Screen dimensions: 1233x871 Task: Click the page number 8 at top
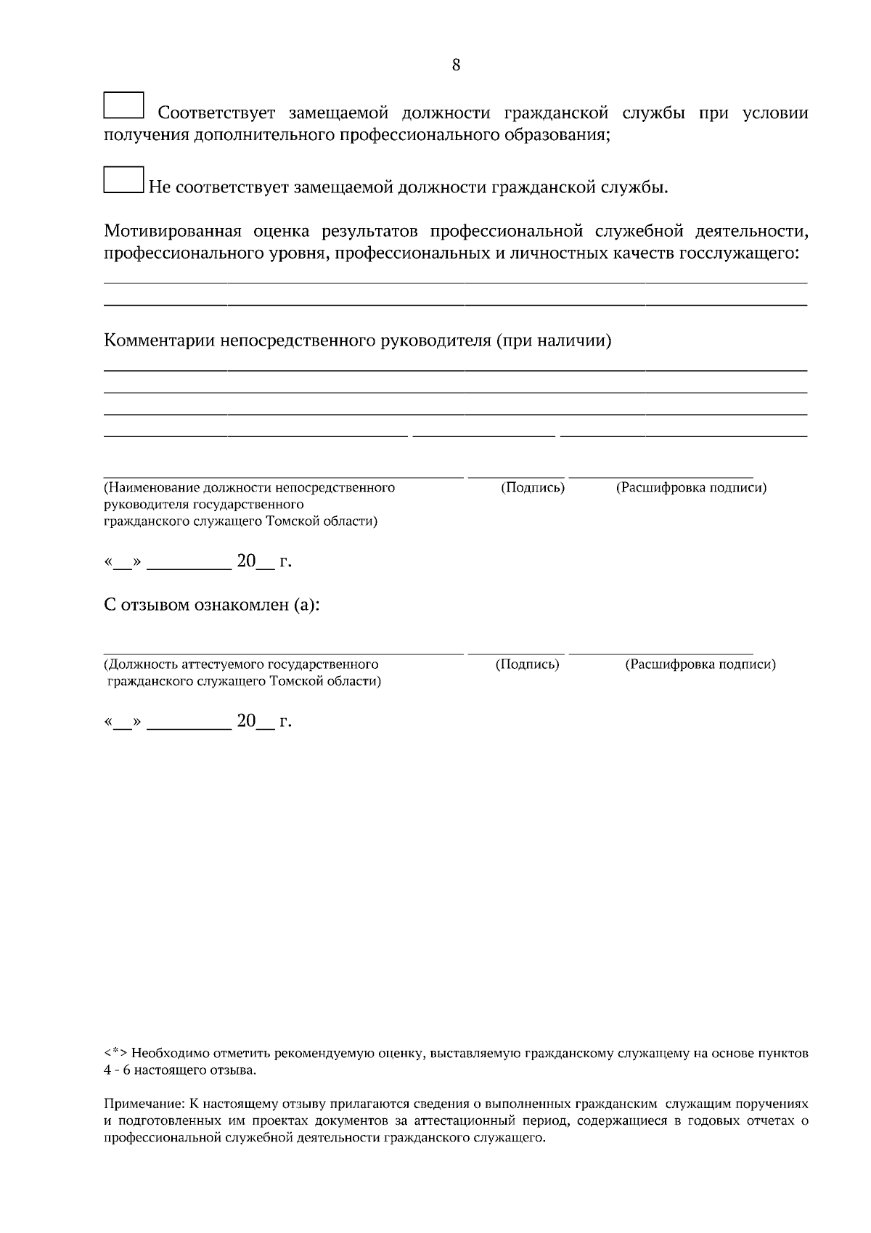pyautogui.click(x=456, y=65)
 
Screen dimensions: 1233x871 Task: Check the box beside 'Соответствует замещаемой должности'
pyautogui.click(x=123, y=105)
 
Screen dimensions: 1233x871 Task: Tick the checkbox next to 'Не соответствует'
pyautogui.click(x=123, y=180)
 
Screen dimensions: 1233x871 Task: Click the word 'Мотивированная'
pyautogui.click(x=172, y=232)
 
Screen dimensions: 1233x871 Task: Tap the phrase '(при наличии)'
pyautogui.click(x=553, y=341)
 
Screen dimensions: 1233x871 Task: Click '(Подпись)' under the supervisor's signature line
pyautogui.click(x=533, y=487)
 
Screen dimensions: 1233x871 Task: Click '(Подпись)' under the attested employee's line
pyautogui.click(x=527, y=664)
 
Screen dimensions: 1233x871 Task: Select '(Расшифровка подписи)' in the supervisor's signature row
pyautogui.click(x=691, y=487)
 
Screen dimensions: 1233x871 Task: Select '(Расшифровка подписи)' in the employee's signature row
pyautogui.click(x=700, y=664)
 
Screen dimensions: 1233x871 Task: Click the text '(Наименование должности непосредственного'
pyautogui.click(x=250, y=487)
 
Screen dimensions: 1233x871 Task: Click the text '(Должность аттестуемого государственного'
pyautogui.click(x=241, y=664)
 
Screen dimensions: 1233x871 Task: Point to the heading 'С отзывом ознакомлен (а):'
pyautogui.click(x=211, y=605)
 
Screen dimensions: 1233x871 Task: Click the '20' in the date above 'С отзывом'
pyautogui.click(x=247, y=561)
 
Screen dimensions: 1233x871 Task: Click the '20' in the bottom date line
pyautogui.click(x=247, y=720)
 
